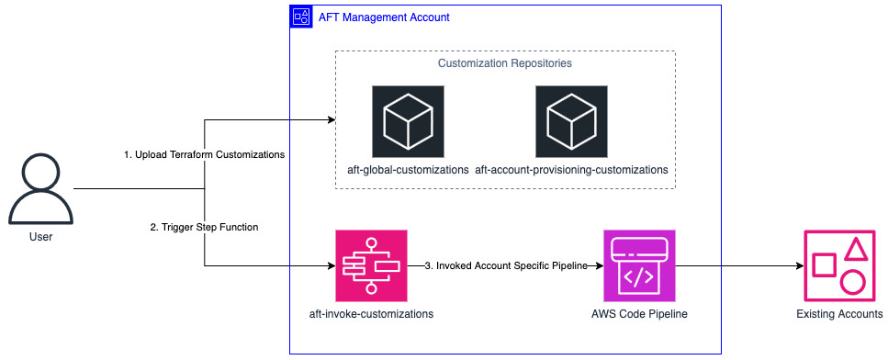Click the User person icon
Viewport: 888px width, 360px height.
tap(39, 189)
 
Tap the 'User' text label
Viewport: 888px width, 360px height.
tap(39, 236)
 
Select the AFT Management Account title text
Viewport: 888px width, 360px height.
tap(383, 17)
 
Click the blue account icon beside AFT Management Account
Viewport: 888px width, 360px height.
tap(300, 17)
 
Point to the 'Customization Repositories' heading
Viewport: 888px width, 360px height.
tap(504, 63)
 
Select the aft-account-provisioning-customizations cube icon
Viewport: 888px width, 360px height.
tap(571, 121)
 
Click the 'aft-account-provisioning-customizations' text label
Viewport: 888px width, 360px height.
tap(571, 170)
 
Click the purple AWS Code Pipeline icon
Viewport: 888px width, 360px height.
tap(639, 266)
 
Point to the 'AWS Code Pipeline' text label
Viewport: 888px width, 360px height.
tap(639, 314)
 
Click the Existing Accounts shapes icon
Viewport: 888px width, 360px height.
tap(839, 266)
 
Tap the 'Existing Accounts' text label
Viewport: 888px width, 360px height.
tap(839, 314)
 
